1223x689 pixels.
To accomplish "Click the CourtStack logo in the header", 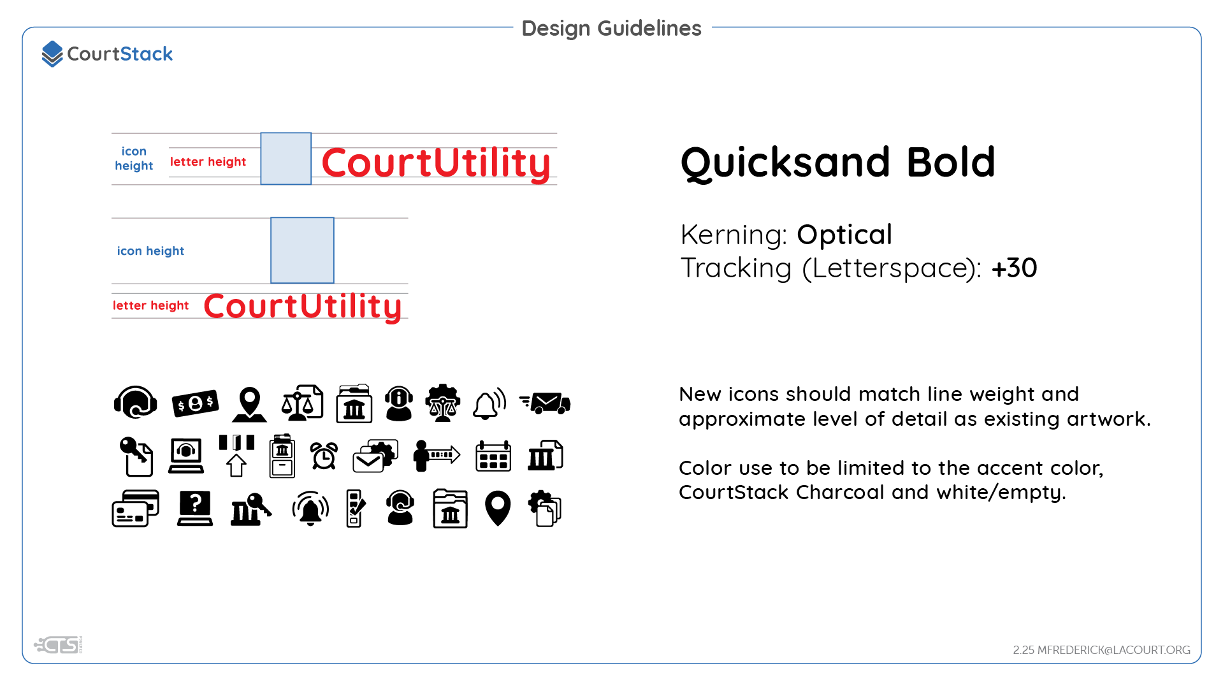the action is [107, 54].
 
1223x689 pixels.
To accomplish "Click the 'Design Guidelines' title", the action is [611, 28].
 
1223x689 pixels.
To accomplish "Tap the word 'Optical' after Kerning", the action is [844, 235].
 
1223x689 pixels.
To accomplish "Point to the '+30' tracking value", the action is [1014, 268].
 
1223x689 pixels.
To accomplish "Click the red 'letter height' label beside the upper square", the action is [208, 162].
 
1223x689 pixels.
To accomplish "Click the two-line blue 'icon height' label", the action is [134, 159].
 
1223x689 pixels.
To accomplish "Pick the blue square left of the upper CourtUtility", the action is [286, 159].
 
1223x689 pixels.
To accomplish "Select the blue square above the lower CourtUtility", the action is [302, 250].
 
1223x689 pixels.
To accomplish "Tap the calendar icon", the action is [493, 456].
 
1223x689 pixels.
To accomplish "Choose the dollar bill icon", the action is [195, 403].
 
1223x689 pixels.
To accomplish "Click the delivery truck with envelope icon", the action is [546, 403].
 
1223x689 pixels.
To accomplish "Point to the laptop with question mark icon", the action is [195, 509].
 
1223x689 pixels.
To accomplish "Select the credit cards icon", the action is [135, 509].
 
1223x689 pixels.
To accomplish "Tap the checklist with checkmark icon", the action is [356, 509].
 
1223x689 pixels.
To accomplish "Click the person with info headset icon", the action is [399, 403].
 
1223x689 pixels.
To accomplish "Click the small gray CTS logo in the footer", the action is [59, 646].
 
